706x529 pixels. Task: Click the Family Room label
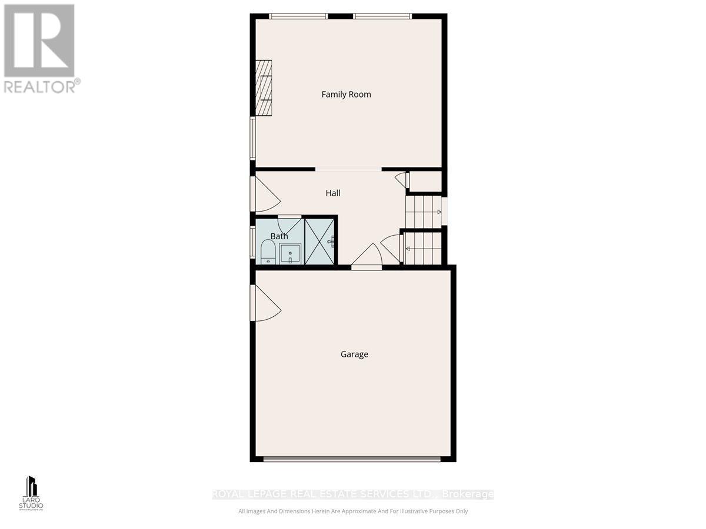pyautogui.click(x=346, y=94)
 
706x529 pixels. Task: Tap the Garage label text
pyautogui.click(x=354, y=354)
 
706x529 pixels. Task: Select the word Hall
pyautogui.click(x=333, y=193)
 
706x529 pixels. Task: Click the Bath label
pyautogui.click(x=279, y=236)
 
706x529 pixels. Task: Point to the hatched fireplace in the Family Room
pyautogui.click(x=264, y=88)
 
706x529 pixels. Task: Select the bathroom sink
pyautogui.click(x=290, y=254)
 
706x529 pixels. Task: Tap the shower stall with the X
pyautogui.click(x=319, y=242)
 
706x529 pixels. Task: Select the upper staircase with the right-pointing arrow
pyautogui.click(x=423, y=212)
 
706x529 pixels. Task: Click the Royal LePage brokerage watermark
pyautogui.click(x=353, y=494)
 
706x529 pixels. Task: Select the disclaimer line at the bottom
pyautogui.click(x=353, y=511)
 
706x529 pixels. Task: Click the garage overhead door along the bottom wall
pyautogui.click(x=352, y=459)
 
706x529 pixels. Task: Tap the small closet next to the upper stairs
pyautogui.click(x=425, y=181)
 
